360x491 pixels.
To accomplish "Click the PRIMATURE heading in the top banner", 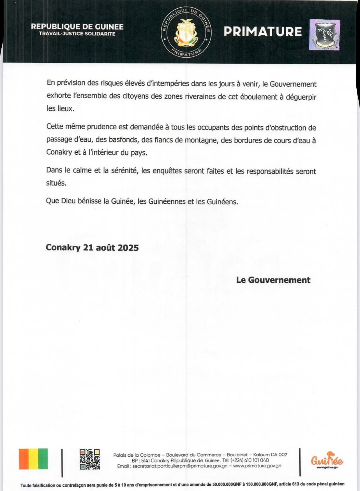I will pyautogui.click(x=263, y=31).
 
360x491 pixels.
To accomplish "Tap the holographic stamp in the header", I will pyautogui.click(x=324, y=34).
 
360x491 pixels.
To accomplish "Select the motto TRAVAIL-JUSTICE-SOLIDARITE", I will pyautogui.click(x=77, y=34).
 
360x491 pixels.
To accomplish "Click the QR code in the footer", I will pyautogui.click(x=90, y=459).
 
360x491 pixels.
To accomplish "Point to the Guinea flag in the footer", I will pyautogui.click(x=33, y=459).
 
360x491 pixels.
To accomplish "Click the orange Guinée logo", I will pyautogui.click(x=327, y=460).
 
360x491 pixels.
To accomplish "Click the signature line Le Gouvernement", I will pyautogui.click(x=273, y=280).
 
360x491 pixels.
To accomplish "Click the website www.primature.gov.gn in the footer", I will pyautogui.click(x=257, y=466).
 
